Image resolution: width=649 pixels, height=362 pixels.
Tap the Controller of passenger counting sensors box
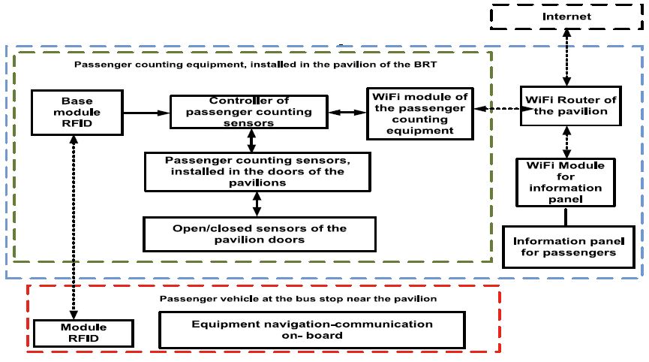pyautogui.click(x=248, y=112)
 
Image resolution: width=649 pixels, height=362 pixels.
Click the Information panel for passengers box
pyautogui.click(x=564, y=246)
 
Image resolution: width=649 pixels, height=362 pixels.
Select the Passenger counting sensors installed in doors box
pyautogui.click(x=257, y=171)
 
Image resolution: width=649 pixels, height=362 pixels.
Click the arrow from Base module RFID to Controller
pyautogui.click(x=146, y=113)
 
